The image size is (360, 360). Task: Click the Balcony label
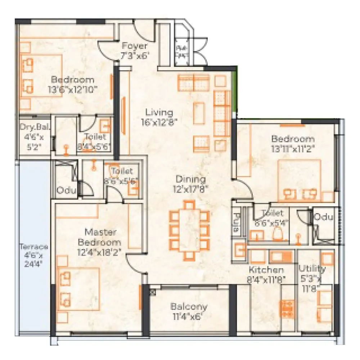point(189,307)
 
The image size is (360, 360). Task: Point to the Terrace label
point(33,247)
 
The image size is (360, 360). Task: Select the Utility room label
point(312,269)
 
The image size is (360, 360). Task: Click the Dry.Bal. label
point(35,127)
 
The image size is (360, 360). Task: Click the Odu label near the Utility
point(324,217)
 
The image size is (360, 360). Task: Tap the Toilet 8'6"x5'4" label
point(270,213)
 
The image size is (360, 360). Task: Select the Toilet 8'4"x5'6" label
point(95,137)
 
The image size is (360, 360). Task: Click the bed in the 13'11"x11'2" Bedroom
point(299,180)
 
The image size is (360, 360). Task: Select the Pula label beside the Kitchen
point(237,223)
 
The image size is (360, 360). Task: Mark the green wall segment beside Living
point(234,92)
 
